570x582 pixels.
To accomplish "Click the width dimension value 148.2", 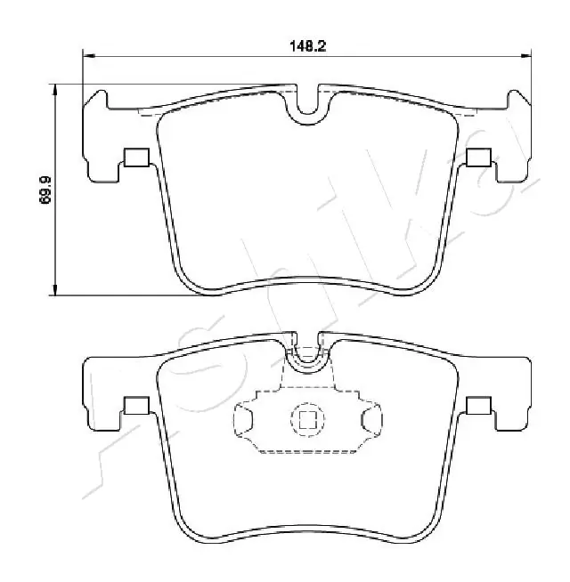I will (309, 46).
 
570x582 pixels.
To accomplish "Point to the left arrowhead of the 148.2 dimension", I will (87, 57).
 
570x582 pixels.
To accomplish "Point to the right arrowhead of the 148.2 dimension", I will (526, 57).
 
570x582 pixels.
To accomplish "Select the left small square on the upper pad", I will (135, 158).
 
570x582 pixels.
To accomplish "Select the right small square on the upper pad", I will (478, 158).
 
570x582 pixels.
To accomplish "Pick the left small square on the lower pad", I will (135, 406).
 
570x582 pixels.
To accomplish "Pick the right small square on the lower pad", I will (478, 406).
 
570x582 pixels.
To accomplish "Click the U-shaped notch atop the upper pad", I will (307, 105).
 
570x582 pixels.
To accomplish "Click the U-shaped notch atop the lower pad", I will (307, 352).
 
